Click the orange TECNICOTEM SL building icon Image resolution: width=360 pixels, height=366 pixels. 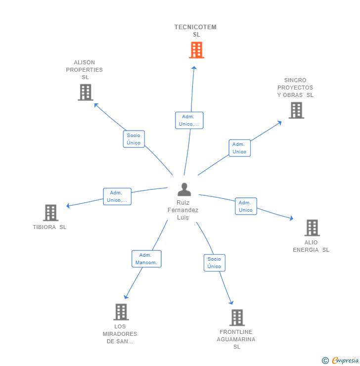coord(196,50)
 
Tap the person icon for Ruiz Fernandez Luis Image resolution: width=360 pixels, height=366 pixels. coord(184,189)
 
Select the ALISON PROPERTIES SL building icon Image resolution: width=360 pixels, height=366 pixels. coord(86,92)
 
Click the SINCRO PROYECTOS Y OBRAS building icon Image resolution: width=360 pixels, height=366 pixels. coord(296,110)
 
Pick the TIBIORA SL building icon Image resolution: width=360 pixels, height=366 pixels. coord(50,213)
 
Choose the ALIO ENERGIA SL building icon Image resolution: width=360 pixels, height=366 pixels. coord(312,228)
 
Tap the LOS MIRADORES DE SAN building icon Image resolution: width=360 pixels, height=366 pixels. coord(121,312)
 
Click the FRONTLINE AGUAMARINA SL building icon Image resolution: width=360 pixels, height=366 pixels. coord(237,318)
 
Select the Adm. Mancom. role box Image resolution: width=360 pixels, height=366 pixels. coord(146,259)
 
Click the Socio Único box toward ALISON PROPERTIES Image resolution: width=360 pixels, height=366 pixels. coord(134,139)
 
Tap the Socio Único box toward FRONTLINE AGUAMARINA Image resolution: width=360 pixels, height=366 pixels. coord(215,263)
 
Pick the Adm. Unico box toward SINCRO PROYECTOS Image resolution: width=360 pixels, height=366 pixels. coord(240,148)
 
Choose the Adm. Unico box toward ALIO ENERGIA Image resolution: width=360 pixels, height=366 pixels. coord(246,206)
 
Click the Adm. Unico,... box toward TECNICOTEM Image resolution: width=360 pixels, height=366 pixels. coord(189,121)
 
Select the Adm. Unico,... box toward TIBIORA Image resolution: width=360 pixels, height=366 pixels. coord(117,196)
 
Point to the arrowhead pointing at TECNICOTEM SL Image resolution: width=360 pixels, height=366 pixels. coord(194,68)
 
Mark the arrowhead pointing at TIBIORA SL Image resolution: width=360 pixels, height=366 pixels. coord(68,206)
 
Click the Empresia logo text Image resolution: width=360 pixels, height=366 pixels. coord(345,360)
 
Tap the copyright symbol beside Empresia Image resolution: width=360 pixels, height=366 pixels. coord(325,361)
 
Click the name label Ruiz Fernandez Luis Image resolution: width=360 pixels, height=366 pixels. coord(183,210)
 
